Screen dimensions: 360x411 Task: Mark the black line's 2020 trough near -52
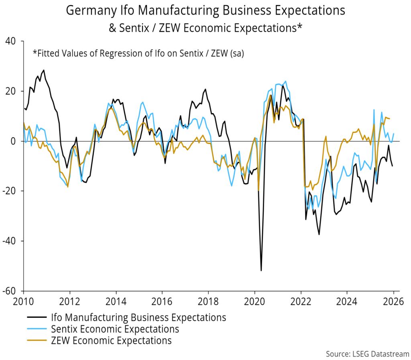(261, 271)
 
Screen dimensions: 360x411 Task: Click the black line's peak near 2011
(44, 70)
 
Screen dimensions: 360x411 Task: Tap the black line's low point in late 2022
(319, 234)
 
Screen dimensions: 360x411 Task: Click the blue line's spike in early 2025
(374, 110)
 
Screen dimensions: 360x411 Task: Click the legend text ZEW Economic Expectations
(111, 341)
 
